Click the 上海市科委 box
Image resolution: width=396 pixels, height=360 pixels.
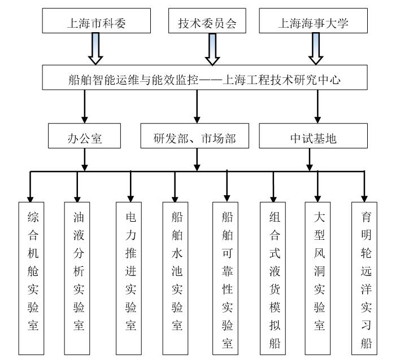(x=97, y=21)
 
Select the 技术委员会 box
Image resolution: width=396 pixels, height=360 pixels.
(x=207, y=21)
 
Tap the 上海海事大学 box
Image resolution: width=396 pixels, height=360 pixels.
(x=313, y=21)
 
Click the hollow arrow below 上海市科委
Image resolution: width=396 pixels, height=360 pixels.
(x=95, y=49)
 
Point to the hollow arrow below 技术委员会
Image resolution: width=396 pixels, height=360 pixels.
(x=212, y=50)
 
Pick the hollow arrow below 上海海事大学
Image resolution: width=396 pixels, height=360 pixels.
(x=316, y=49)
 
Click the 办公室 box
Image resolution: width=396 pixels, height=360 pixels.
(x=84, y=136)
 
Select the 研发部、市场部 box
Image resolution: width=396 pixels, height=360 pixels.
(x=195, y=136)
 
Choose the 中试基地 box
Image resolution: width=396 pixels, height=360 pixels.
(x=313, y=136)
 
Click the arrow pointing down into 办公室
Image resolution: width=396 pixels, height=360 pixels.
(x=85, y=107)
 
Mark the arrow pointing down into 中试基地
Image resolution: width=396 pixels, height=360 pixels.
(x=317, y=107)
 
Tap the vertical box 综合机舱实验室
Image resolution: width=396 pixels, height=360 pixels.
(x=31, y=279)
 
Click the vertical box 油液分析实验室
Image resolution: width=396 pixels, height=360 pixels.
(x=77, y=279)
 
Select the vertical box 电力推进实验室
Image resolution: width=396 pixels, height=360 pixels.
(x=129, y=279)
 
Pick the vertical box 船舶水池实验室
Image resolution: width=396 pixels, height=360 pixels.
(x=175, y=279)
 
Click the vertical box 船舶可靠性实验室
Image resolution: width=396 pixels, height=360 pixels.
(x=225, y=279)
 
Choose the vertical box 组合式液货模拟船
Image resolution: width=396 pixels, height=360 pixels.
(x=273, y=279)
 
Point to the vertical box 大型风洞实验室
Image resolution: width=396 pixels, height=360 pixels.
(x=317, y=279)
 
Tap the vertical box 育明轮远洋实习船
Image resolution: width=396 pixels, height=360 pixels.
(x=364, y=279)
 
